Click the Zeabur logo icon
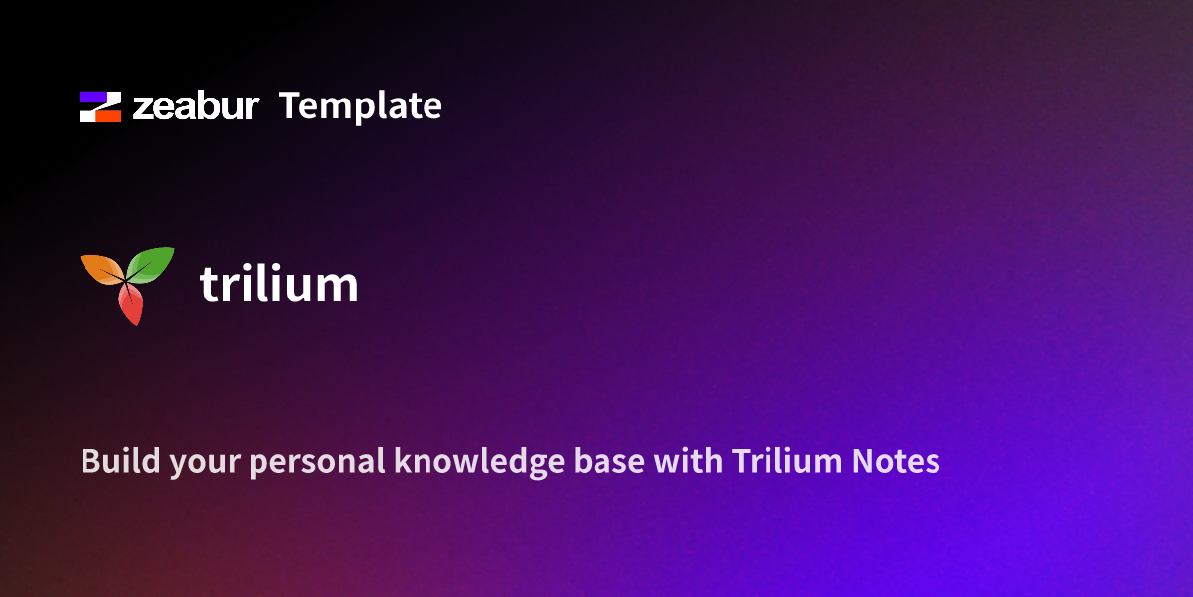pyautogui.click(x=100, y=106)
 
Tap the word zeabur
pyautogui.click(x=196, y=106)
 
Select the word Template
pyautogui.click(x=360, y=106)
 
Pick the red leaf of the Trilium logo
pyautogui.click(x=130, y=303)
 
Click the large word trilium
pyautogui.click(x=278, y=284)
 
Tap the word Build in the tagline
pyautogui.click(x=109, y=462)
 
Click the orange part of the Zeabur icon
pyautogui.click(x=109, y=115)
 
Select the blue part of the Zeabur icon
pyautogui.click(x=92, y=98)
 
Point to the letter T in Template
pyautogui.click(x=290, y=106)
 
